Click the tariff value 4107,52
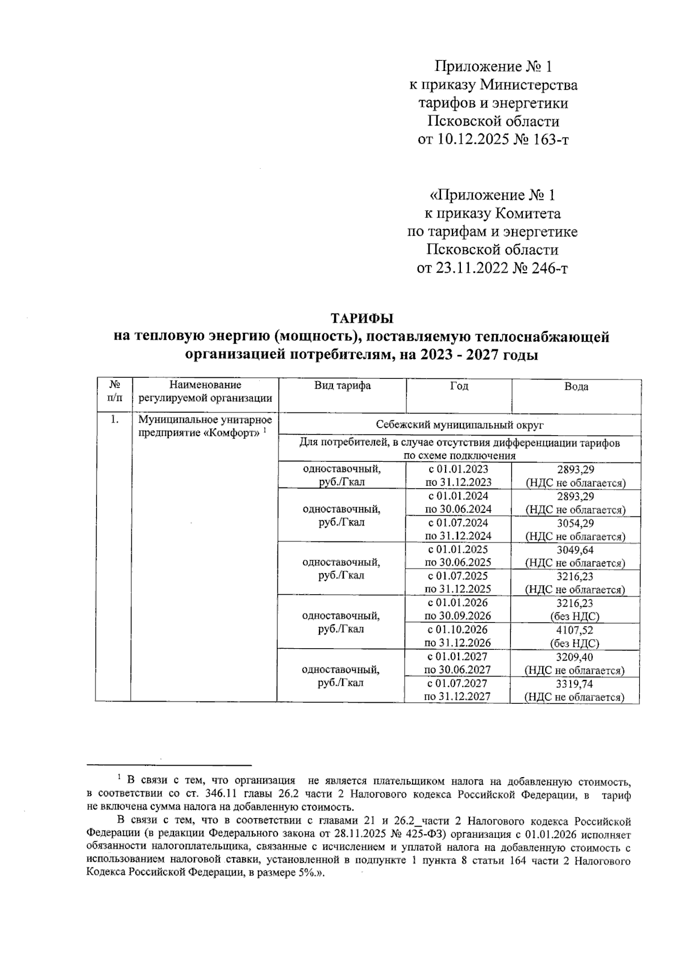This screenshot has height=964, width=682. [575, 629]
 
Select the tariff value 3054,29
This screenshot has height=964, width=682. [575, 523]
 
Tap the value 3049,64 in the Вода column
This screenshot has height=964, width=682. [575, 550]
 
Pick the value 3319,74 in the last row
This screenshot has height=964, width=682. [575, 683]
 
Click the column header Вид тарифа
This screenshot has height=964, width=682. [343, 386]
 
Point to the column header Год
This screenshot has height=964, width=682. [459, 386]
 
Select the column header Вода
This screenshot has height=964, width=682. [576, 387]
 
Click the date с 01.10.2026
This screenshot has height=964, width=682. [458, 629]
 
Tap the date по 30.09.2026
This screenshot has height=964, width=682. [458, 616]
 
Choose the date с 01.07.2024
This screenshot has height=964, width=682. [458, 523]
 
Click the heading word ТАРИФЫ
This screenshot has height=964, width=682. [362, 318]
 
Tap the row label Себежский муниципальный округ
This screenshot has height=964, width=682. [460, 425]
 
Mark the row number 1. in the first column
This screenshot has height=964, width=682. [115, 420]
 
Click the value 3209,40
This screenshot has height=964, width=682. [575, 657]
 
